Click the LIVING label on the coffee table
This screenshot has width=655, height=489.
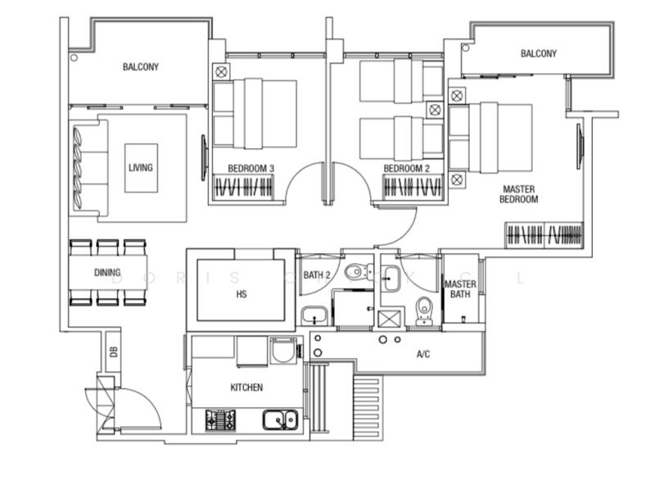click(141, 168)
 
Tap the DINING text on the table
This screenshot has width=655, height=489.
click(107, 273)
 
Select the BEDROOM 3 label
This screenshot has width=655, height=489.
click(251, 169)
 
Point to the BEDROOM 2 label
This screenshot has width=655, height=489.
click(407, 169)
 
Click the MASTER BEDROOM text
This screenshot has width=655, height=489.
click(519, 194)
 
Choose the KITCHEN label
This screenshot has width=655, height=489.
click(246, 387)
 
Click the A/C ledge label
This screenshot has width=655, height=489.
click(423, 355)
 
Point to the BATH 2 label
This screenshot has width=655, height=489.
click(316, 275)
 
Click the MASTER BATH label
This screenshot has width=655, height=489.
click(460, 290)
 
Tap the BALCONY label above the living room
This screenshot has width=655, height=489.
click(141, 67)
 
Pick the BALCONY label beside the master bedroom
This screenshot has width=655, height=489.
click(538, 54)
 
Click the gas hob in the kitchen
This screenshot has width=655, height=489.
click(219, 419)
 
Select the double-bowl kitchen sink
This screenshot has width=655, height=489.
click(280, 420)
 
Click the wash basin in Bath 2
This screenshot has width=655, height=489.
click(314, 315)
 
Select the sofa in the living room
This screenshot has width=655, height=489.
click(88, 168)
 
